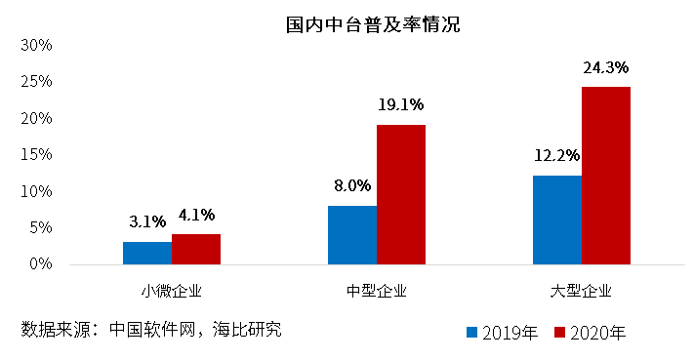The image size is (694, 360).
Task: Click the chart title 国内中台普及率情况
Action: tap(373, 24)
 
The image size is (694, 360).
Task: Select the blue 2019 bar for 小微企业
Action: tap(147, 253)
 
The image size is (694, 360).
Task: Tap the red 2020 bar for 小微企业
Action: tap(196, 249)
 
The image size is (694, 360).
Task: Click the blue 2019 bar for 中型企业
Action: tap(352, 235)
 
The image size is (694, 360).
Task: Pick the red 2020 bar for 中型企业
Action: tap(401, 194)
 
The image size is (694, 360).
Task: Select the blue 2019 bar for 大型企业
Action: tap(557, 220)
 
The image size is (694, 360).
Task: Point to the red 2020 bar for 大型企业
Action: tap(606, 176)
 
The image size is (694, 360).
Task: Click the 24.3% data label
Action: tap(606, 68)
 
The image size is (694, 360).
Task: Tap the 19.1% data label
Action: tap(401, 105)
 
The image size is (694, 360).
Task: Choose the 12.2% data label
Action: tap(557, 155)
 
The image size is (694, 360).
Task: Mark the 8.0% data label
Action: tap(352, 185)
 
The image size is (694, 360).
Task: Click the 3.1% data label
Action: tap(147, 220)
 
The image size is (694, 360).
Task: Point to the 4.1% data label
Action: tap(196, 215)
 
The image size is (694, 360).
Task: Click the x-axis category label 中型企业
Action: tap(377, 291)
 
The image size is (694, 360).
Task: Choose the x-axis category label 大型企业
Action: tap(582, 291)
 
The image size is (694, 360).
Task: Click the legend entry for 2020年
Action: tap(590, 334)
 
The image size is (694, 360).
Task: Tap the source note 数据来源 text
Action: tap(151, 330)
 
